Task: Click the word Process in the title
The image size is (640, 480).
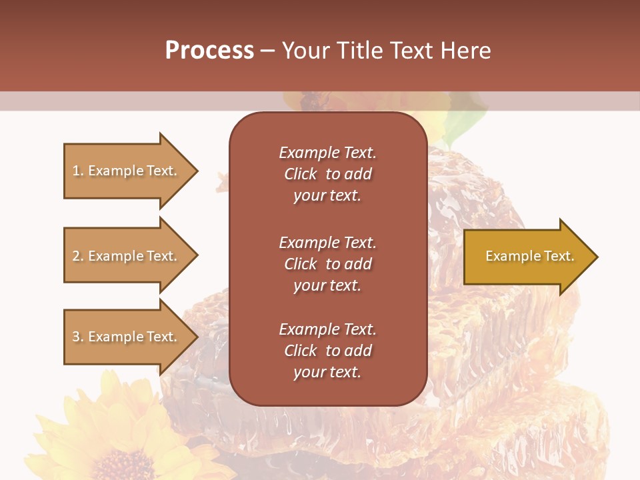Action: (x=209, y=51)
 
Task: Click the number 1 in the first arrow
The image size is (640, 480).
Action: (x=75, y=171)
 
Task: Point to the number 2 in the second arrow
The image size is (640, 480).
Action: (x=75, y=256)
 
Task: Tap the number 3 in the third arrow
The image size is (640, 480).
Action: (x=75, y=337)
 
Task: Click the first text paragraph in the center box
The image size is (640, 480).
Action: (x=327, y=174)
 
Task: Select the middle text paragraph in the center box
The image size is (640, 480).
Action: (x=327, y=264)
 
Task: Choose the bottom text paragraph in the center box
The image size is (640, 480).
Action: (x=327, y=351)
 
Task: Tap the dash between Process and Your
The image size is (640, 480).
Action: (x=268, y=51)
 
